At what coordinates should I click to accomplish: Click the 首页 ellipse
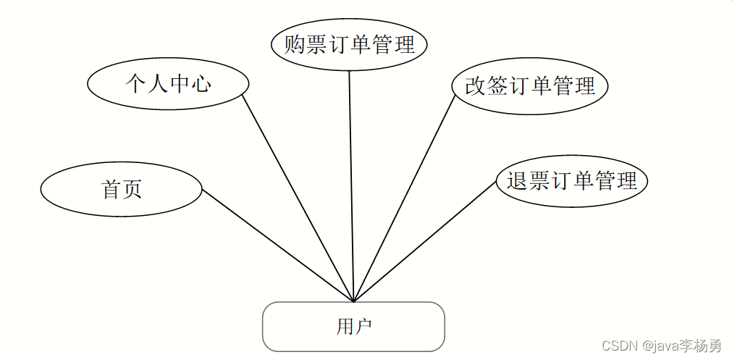121,189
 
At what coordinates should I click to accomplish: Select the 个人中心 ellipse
168,83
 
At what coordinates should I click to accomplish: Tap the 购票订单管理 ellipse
349,45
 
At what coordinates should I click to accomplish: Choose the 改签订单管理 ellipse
529,86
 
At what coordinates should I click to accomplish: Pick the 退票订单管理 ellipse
571,180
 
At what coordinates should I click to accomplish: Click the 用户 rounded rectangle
353,327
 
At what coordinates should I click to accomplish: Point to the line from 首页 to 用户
277,246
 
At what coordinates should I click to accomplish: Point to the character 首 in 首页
111,189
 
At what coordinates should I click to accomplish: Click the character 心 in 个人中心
201,83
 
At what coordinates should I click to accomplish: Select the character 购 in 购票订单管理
294,45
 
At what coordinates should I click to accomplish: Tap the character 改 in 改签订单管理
475,86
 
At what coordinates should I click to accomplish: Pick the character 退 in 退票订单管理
517,180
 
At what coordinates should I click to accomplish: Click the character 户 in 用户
363,327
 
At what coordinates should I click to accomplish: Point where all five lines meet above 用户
353,301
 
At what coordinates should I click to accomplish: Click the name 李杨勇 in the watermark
702,346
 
